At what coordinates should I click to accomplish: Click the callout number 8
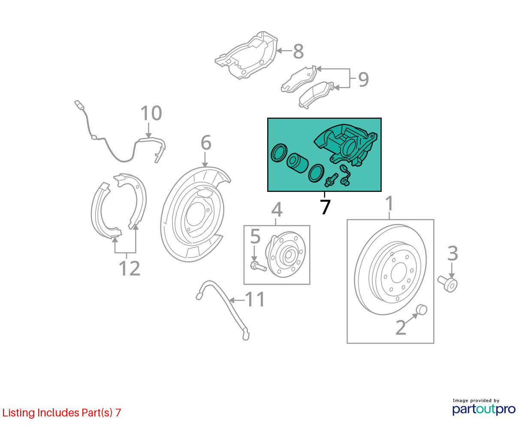pyautogui.click(x=299, y=51)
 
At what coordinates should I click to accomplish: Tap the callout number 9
pyautogui.click(x=363, y=79)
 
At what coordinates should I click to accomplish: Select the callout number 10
pyautogui.click(x=151, y=114)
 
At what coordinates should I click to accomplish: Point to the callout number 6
pyautogui.click(x=206, y=143)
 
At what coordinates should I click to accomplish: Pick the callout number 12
pyautogui.click(x=129, y=269)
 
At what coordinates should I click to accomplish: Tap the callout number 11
pyautogui.click(x=255, y=299)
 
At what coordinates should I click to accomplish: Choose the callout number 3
pyautogui.click(x=453, y=254)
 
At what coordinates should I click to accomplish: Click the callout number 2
pyautogui.click(x=400, y=328)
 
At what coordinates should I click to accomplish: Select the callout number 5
pyautogui.click(x=255, y=236)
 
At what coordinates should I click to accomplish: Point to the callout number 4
pyautogui.click(x=277, y=210)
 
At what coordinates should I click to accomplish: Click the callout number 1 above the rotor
pyautogui.click(x=389, y=204)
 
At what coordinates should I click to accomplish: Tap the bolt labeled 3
pyautogui.click(x=448, y=284)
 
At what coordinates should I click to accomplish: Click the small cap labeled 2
pyautogui.click(x=422, y=309)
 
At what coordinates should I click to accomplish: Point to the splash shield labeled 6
pyautogui.click(x=193, y=214)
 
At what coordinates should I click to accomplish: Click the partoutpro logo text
pyautogui.click(x=484, y=409)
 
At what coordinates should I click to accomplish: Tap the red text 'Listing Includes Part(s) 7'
pyautogui.click(x=62, y=413)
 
